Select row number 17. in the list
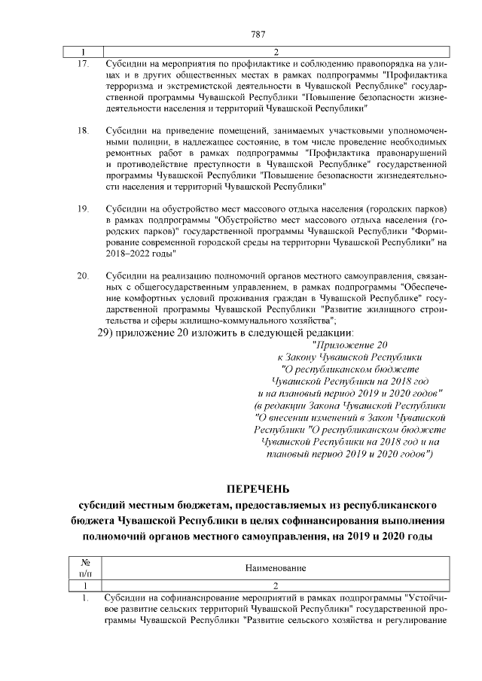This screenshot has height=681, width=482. pos(83,64)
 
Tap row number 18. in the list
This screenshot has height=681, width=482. pos(83,131)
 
